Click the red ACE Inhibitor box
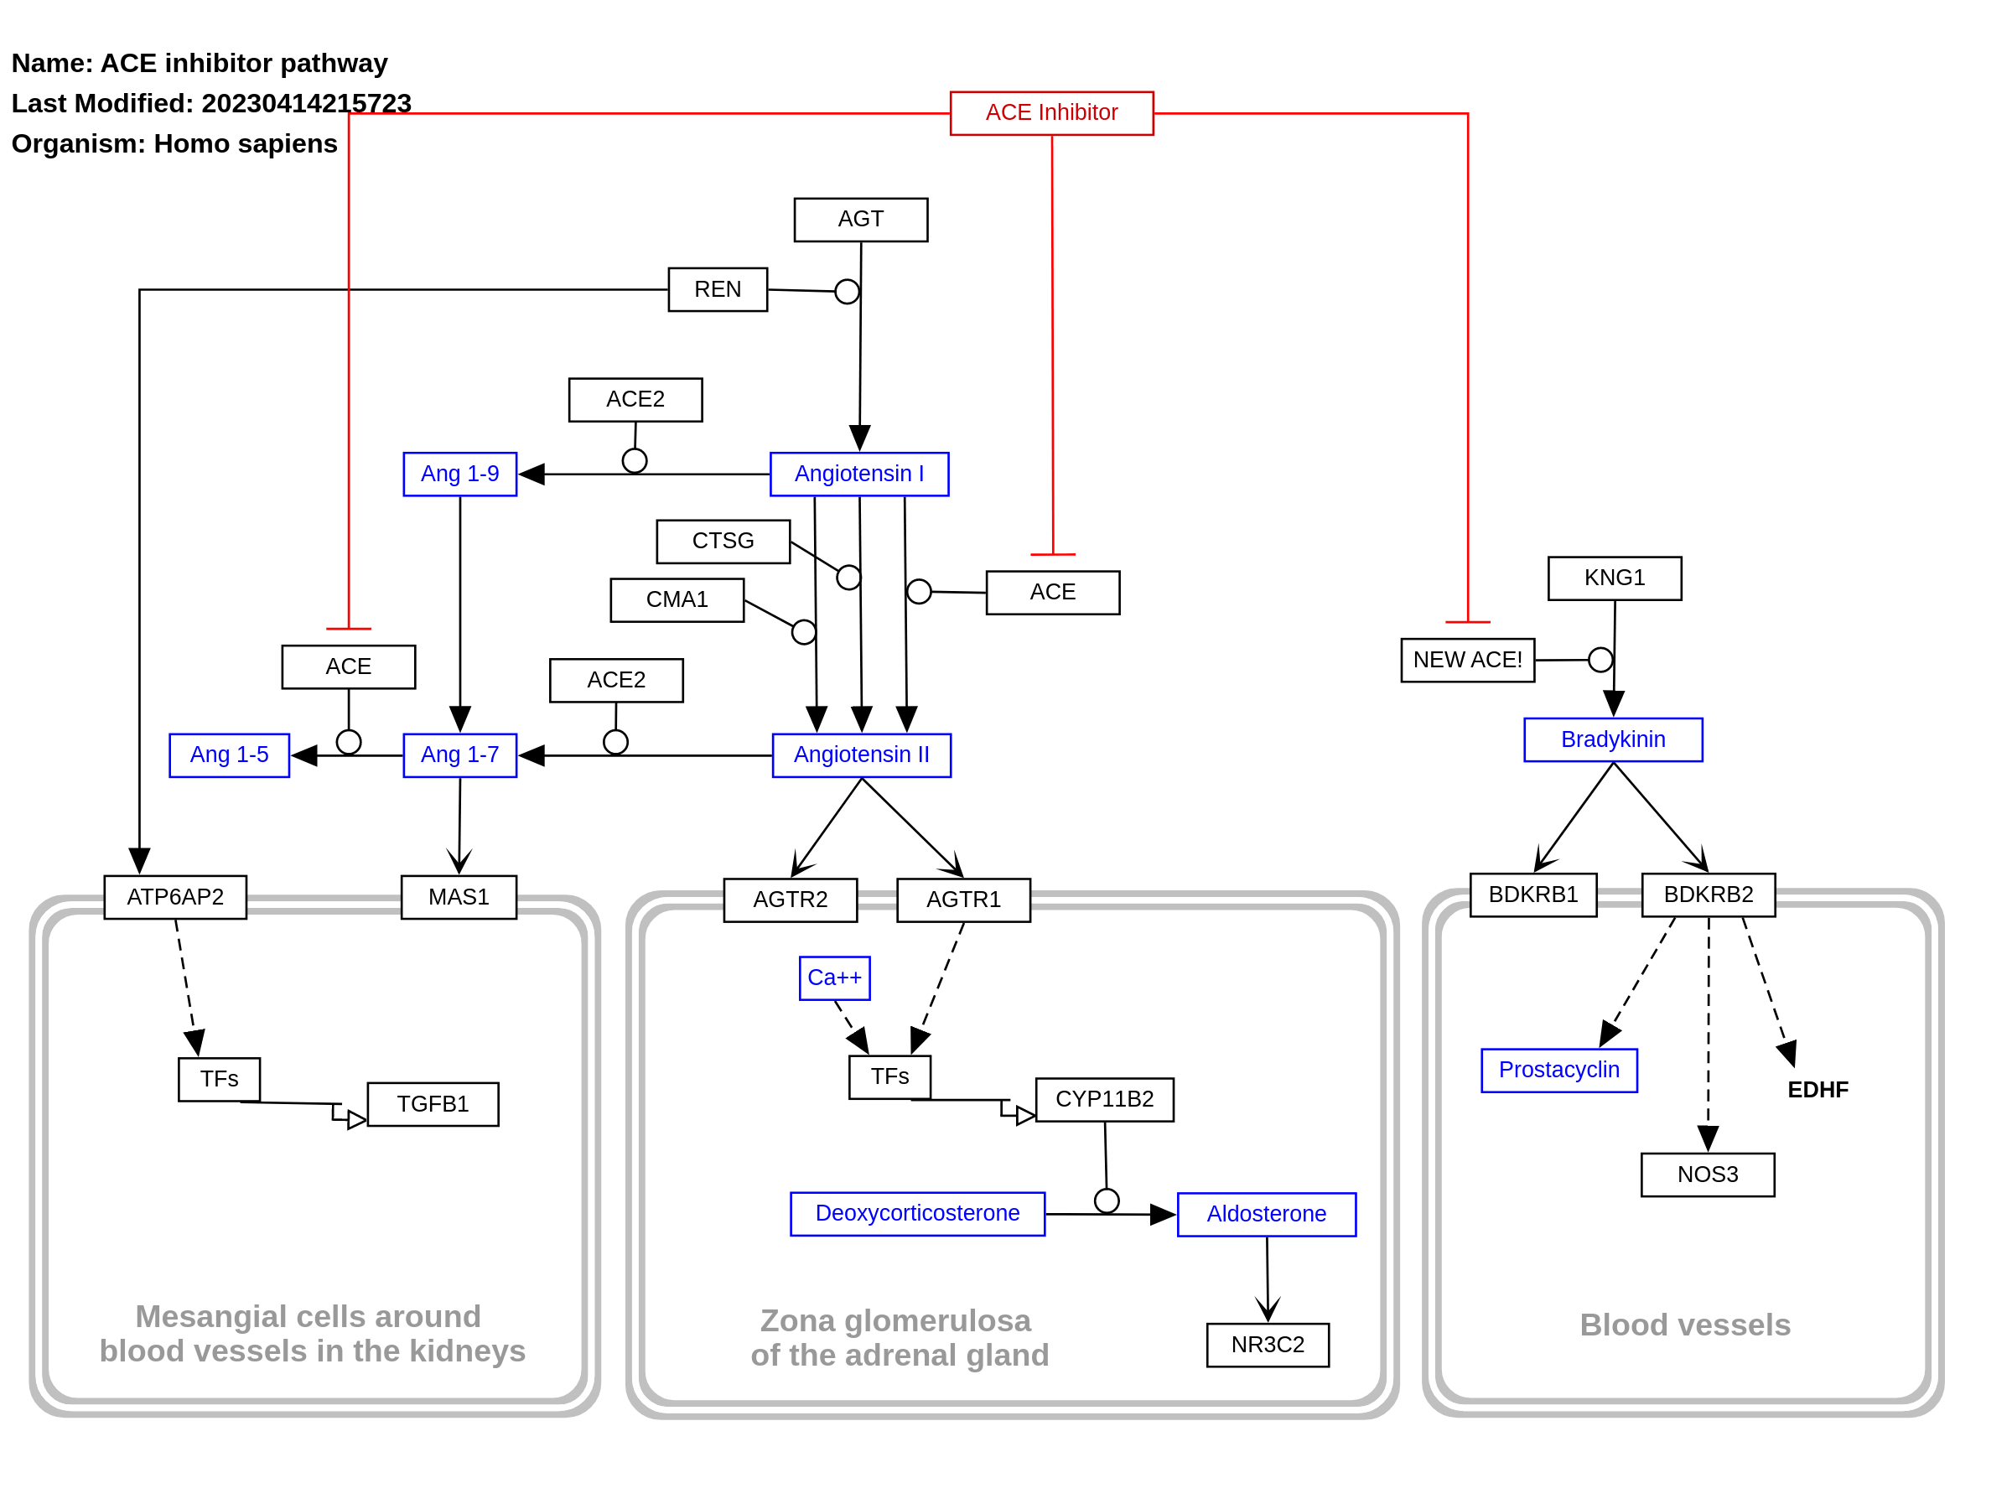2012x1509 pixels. [x=1051, y=113]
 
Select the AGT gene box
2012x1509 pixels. [x=860, y=219]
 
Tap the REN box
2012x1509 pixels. [x=718, y=289]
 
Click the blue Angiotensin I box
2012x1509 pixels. [x=858, y=474]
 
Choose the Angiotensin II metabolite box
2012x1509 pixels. [x=861, y=755]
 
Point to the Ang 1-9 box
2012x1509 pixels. [x=459, y=474]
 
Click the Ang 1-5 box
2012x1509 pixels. [x=229, y=755]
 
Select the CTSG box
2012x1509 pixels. [x=723, y=542]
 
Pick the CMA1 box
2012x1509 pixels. [x=677, y=599]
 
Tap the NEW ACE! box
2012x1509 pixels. [x=1467, y=660]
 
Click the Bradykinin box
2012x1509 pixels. [x=1613, y=739]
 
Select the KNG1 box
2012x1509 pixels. [x=1615, y=578]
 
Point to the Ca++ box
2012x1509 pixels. [x=834, y=977]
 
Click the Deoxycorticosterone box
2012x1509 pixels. [x=917, y=1213]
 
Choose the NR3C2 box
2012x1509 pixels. [x=1267, y=1345]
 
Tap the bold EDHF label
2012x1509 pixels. [x=1818, y=1090]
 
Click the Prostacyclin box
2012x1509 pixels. [x=1559, y=1070]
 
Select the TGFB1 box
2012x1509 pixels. [x=433, y=1104]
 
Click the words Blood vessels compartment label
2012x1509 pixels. [x=1684, y=1325]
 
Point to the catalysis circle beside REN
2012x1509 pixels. [x=847, y=292]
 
